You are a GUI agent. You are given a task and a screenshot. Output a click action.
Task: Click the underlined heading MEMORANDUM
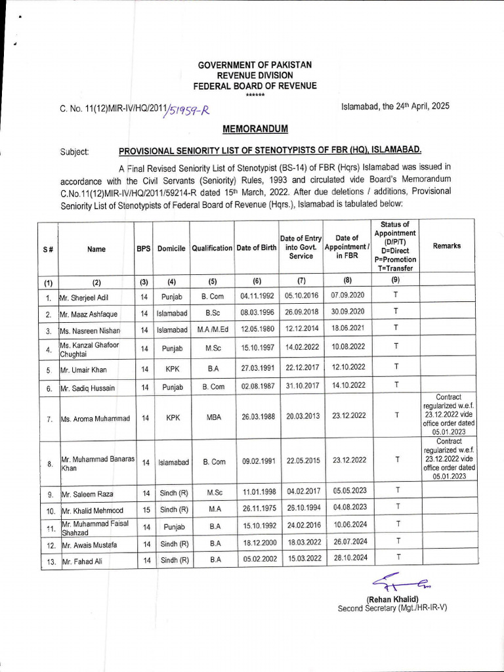click(x=255, y=128)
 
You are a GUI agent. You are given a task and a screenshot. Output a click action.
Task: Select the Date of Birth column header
click(x=256, y=248)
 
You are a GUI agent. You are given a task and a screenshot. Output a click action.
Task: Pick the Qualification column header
click(x=212, y=248)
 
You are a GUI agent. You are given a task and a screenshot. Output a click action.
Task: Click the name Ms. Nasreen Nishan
click(x=90, y=329)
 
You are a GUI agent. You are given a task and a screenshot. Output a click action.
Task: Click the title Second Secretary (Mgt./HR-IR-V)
click(x=392, y=608)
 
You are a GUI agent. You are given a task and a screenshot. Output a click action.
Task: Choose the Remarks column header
click(x=446, y=246)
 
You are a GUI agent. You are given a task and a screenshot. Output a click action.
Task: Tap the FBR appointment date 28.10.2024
click(x=350, y=558)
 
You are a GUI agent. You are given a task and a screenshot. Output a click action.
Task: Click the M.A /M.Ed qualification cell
click(x=212, y=329)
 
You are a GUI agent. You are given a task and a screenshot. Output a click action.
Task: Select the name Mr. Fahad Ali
click(x=82, y=561)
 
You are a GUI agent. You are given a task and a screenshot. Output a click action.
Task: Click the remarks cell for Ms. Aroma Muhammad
click(x=448, y=415)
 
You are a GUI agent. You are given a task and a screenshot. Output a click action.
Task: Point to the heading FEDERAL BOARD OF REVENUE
click(x=255, y=86)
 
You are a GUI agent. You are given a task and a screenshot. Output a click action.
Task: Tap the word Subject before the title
click(x=74, y=152)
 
